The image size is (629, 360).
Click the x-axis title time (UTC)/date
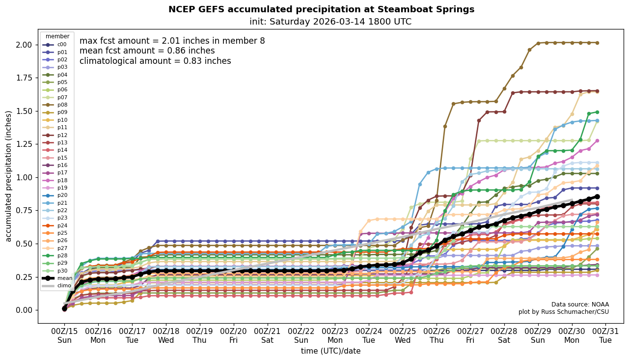point(330,351)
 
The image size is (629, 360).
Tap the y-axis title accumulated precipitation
point(8,176)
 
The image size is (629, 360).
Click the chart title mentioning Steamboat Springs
point(321,9)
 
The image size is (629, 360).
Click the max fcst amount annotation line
point(172,41)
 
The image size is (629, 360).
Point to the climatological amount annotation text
point(155,61)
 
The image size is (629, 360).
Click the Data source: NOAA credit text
point(580,305)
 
